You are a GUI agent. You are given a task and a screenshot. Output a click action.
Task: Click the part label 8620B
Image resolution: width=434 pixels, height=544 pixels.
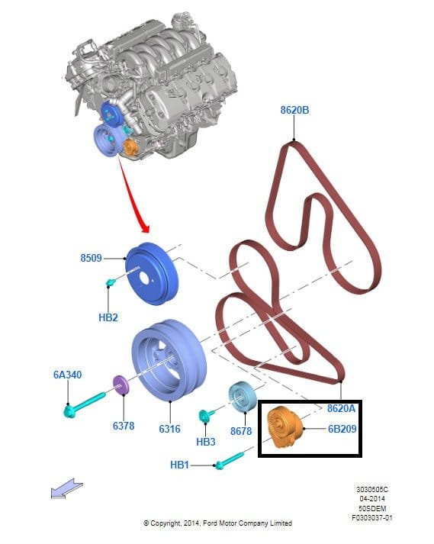click(x=294, y=110)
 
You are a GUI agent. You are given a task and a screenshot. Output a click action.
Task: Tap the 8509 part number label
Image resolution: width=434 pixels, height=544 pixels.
click(x=91, y=258)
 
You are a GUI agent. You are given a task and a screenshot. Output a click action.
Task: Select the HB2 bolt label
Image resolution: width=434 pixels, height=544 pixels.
click(x=108, y=317)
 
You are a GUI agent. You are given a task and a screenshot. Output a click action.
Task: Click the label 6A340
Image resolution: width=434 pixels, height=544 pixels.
click(x=67, y=375)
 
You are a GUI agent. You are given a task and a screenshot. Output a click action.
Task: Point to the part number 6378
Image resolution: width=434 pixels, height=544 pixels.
click(x=123, y=425)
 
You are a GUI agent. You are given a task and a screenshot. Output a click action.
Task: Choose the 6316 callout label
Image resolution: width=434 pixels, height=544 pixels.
click(x=169, y=429)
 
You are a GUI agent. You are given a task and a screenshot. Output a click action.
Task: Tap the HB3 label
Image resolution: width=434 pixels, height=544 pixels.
click(x=205, y=442)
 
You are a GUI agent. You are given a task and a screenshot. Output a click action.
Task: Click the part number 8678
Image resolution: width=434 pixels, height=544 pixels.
click(x=241, y=431)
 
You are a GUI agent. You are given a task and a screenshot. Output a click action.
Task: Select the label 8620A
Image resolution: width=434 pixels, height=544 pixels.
click(x=341, y=408)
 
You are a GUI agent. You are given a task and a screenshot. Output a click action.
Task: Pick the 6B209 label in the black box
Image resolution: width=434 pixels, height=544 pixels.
click(x=342, y=429)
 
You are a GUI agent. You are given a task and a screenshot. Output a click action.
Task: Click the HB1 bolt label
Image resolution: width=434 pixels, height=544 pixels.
click(x=179, y=465)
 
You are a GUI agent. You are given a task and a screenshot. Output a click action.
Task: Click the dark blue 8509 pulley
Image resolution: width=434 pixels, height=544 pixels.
click(x=151, y=274)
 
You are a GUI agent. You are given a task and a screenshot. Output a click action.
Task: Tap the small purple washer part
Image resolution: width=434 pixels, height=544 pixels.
click(x=121, y=385)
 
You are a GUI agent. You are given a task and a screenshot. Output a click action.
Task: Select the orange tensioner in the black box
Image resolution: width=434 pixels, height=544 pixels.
click(x=285, y=427)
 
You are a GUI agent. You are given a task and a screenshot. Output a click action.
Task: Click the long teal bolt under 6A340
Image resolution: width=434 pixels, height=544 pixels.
click(x=85, y=404)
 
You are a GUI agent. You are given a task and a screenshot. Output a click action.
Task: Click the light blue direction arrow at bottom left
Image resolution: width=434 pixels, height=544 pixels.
click(x=66, y=488)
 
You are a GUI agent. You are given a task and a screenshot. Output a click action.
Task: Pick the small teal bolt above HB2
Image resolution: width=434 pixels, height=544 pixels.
click(x=111, y=283)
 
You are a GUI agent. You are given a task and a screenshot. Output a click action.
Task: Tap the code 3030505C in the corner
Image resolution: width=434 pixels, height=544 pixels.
click(x=372, y=490)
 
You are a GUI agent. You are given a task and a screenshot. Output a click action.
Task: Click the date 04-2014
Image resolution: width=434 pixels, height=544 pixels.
click(x=372, y=499)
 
